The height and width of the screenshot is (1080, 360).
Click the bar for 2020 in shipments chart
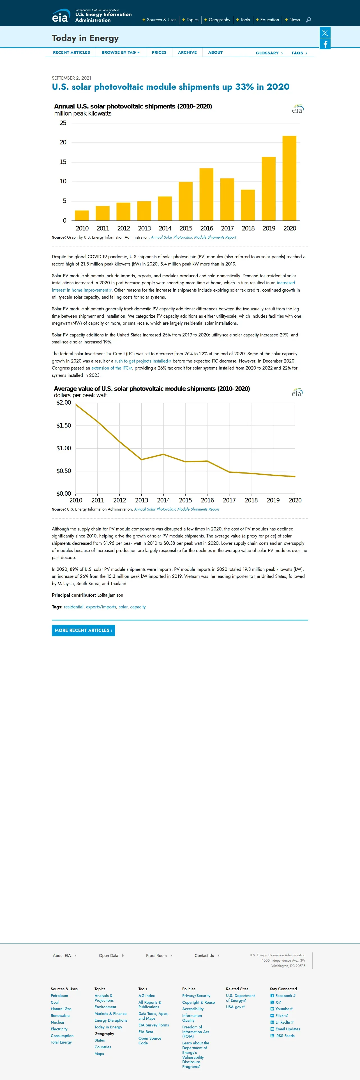pos(289,178)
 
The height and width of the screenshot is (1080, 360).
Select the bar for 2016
pos(206,194)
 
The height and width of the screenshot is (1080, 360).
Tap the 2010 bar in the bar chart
pos(82,216)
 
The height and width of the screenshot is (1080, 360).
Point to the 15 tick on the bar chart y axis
pos(63,162)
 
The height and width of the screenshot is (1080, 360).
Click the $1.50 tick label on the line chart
pos(64,426)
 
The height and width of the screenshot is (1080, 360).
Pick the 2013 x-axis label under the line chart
pos(142,500)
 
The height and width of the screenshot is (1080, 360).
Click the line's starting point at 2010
pos(76,405)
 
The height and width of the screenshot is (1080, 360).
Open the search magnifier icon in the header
pos(308,20)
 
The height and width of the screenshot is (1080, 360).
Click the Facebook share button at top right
pos(325,44)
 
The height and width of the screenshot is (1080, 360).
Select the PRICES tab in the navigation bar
pos(159,52)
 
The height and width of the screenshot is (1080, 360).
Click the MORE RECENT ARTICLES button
pos(83,630)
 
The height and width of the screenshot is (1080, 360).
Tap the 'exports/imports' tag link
pos(101,607)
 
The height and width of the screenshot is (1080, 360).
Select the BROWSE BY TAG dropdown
pos(120,52)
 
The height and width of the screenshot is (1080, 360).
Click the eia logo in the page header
pos(60,17)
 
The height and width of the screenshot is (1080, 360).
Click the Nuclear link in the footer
pos(57,1022)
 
